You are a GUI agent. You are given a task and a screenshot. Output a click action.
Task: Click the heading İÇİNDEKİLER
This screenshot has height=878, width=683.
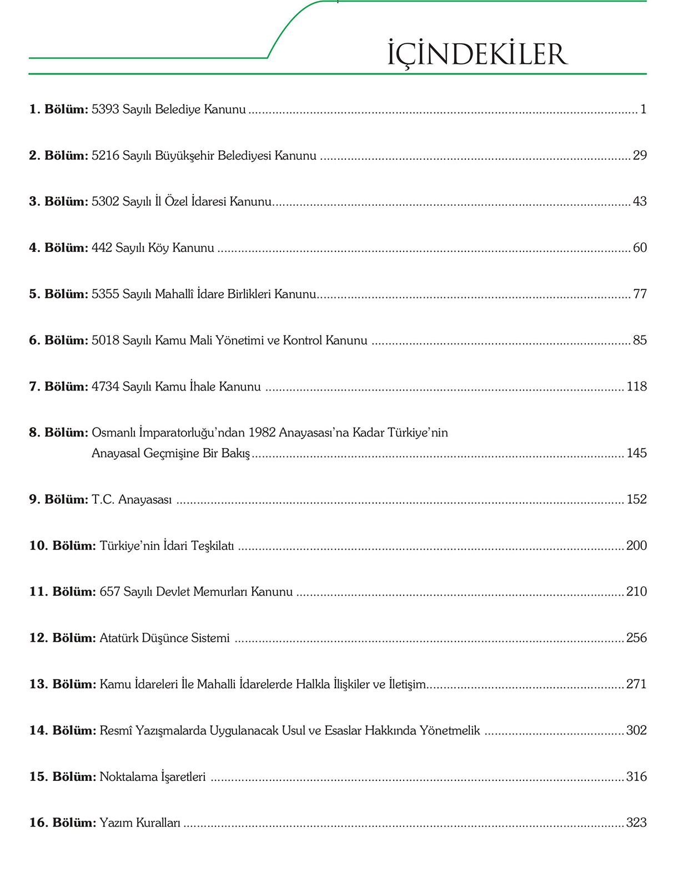[x=477, y=54]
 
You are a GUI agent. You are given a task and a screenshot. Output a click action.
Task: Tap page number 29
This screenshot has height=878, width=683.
[x=640, y=155]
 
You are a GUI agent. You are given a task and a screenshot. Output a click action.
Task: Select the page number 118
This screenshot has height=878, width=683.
[x=636, y=387]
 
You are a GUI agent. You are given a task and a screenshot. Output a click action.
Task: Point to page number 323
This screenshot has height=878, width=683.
[x=636, y=823]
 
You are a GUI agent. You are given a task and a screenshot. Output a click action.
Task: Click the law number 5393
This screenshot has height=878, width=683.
[x=106, y=109]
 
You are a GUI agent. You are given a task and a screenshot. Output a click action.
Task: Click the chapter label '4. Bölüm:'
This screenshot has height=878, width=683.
[x=58, y=248]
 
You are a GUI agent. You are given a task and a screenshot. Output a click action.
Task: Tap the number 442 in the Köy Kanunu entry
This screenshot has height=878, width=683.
[x=102, y=248]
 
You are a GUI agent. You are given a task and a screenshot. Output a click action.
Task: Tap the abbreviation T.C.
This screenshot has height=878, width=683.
[x=103, y=500]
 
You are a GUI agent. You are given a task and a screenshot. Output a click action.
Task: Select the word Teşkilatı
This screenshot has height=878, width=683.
[x=213, y=546]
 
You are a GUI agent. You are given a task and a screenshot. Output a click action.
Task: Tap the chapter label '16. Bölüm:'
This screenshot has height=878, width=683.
[x=62, y=823]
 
